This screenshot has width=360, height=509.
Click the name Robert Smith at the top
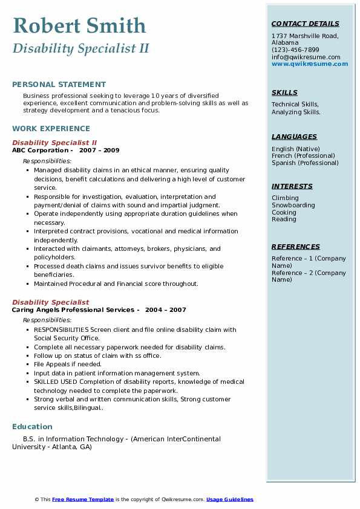pyautogui.click(x=79, y=25)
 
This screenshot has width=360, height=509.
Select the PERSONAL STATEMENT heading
pyautogui.click(x=59, y=85)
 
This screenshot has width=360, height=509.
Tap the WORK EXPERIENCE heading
pyautogui.click(x=51, y=129)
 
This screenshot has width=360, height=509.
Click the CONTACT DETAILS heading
pyautogui.click(x=305, y=24)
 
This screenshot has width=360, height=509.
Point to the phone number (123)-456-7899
pyautogui.click(x=295, y=50)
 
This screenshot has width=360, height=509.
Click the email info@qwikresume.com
pyautogui.click(x=306, y=57)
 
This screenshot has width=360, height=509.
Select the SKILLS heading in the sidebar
pyautogui.click(x=284, y=93)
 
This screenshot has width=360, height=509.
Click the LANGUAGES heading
pyautogui.click(x=294, y=137)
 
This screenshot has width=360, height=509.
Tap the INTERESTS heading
pyautogui.click(x=292, y=187)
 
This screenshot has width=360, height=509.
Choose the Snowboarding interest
pyautogui.click(x=293, y=206)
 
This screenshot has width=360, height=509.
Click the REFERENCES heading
pyautogui.click(x=295, y=247)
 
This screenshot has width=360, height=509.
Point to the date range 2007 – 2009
pyautogui.click(x=99, y=151)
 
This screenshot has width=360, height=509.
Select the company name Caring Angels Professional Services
pyautogui.click(x=73, y=310)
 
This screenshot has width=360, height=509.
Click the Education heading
pyautogui.click(x=32, y=427)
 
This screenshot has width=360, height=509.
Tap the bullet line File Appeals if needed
pyautogui.click(x=68, y=365)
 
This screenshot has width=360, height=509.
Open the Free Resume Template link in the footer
pyautogui.click(x=83, y=499)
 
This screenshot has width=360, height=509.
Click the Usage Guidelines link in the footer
pyautogui.click(x=229, y=499)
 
